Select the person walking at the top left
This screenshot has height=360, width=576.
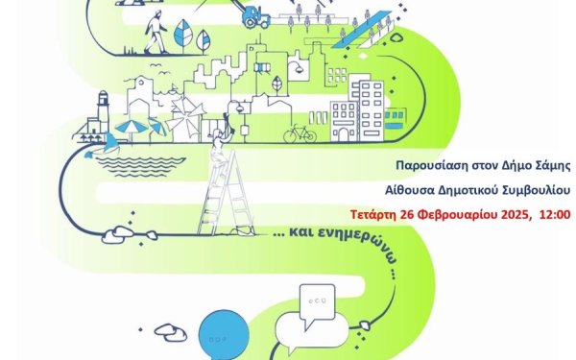tap(156, 37)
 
